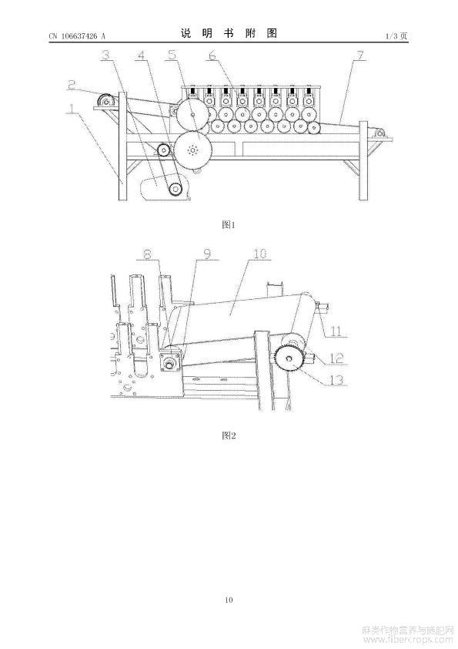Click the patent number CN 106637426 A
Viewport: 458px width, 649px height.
click(77, 36)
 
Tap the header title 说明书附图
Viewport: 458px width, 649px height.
click(229, 33)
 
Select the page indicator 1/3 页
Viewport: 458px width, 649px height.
click(396, 36)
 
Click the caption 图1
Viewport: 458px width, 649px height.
click(229, 225)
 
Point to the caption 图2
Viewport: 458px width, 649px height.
click(229, 435)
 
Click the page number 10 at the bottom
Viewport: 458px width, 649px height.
click(229, 600)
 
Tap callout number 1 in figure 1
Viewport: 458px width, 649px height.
click(72, 108)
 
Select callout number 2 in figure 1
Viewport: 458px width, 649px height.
click(72, 85)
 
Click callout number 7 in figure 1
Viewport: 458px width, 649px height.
click(360, 55)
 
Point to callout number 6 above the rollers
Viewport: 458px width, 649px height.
click(212, 55)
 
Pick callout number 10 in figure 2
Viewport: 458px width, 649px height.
click(259, 254)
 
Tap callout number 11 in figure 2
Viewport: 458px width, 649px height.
click(336, 331)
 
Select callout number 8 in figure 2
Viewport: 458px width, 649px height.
click(147, 254)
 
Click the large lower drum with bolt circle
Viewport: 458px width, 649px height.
click(192, 150)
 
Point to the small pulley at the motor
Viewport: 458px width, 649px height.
click(176, 190)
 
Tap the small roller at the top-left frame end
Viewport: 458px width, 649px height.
click(106, 100)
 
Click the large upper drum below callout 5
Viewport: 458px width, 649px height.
click(192, 115)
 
